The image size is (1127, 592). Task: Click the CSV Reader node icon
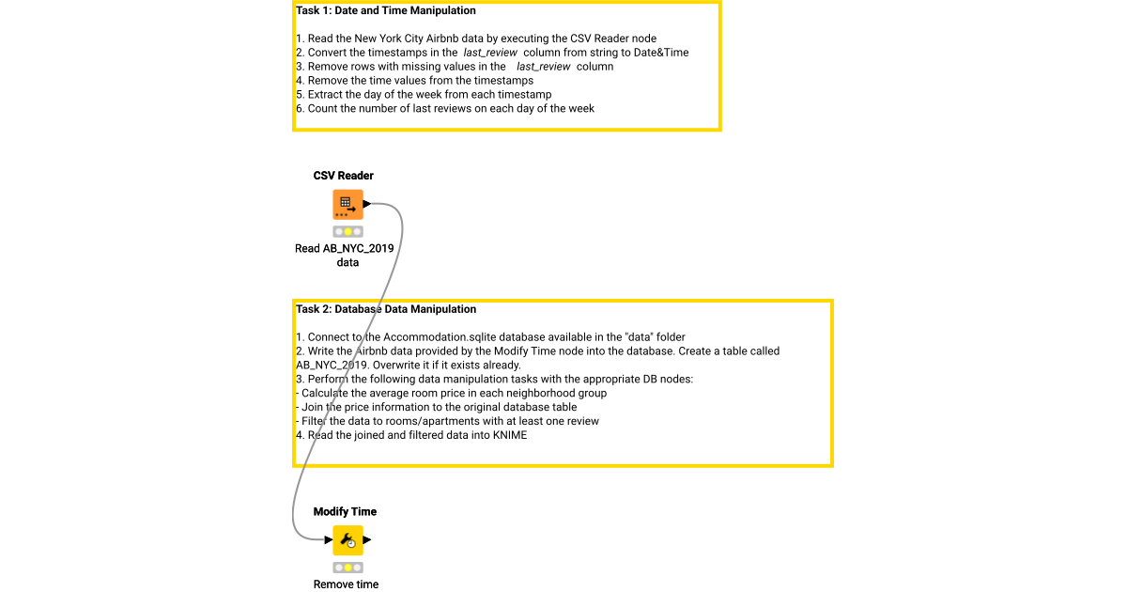347,204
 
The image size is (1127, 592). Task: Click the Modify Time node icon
347,540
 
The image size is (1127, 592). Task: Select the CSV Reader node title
344,176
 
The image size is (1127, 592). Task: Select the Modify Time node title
345,512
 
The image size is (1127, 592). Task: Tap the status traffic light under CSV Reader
347,231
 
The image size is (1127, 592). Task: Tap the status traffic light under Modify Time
347,568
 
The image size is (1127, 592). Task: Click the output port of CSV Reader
367,204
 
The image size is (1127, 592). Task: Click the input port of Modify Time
328,540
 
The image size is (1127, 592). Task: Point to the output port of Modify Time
367,540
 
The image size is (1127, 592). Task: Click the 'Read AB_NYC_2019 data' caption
344,256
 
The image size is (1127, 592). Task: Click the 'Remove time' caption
346,584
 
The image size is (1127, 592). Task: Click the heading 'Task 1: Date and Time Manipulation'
386,11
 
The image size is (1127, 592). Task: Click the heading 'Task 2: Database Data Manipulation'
386,309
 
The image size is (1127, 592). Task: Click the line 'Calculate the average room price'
454,394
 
